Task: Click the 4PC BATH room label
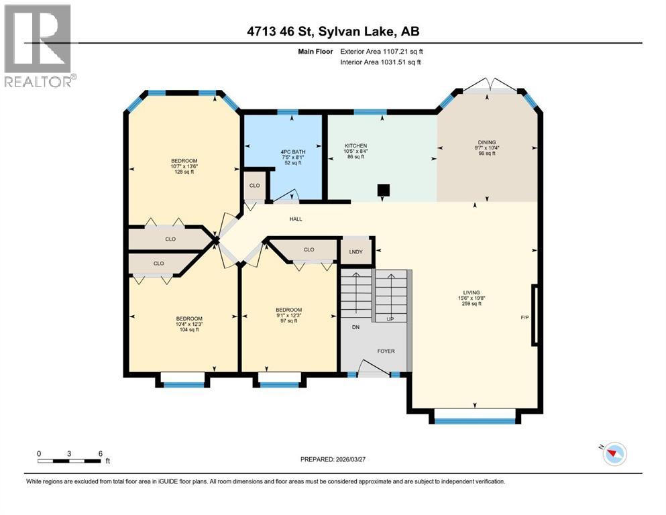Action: [292, 152]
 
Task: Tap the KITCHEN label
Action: [355, 146]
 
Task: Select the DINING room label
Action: [487, 142]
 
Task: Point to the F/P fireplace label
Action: [526, 317]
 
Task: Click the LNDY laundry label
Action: [355, 252]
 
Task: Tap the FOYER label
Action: [385, 349]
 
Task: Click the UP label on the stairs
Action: [390, 319]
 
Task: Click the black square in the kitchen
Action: [383, 190]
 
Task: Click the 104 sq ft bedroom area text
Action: [189, 330]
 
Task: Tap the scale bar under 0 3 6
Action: [70, 461]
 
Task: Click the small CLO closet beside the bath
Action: [254, 186]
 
